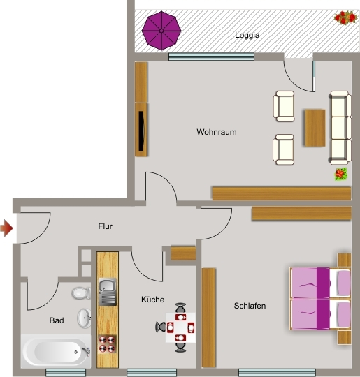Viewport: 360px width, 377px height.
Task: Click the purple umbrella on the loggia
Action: point(161,31)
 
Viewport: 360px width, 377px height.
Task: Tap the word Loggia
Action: point(247,35)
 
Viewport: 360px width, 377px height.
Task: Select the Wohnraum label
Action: point(217,132)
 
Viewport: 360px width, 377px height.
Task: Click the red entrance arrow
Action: point(6,228)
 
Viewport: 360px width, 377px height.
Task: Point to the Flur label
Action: point(105,226)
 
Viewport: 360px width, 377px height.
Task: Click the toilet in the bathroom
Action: point(81,293)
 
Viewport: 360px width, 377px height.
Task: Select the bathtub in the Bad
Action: point(56,351)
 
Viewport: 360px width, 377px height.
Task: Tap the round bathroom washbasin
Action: point(84,318)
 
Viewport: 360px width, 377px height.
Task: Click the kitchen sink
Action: point(108,292)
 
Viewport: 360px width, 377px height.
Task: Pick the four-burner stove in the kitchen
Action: point(107,344)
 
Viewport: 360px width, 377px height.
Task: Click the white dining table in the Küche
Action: point(181,327)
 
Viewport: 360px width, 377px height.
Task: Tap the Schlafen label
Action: point(250,306)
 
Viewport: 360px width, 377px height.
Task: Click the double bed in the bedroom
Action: point(320,298)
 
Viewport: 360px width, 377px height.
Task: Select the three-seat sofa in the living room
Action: point(340,128)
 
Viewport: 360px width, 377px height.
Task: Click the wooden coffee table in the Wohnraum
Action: point(315,128)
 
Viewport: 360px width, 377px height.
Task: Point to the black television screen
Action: point(142,131)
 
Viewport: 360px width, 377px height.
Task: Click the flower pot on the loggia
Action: point(345,17)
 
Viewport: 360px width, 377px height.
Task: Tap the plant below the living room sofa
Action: point(340,174)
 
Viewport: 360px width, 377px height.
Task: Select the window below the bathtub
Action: point(66,372)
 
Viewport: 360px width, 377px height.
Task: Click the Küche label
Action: point(152,300)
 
